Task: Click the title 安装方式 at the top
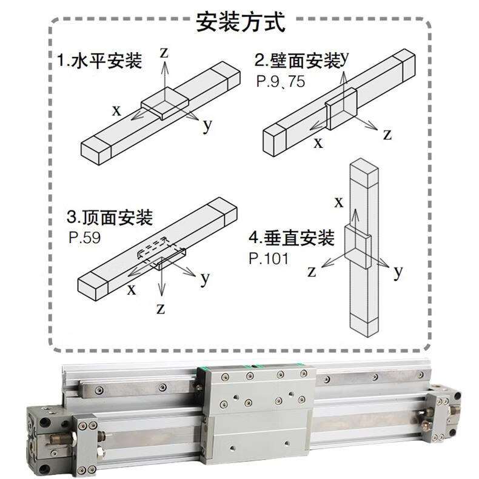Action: (x=241, y=21)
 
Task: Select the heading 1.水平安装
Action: (x=100, y=60)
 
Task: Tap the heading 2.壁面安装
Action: (x=298, y=60)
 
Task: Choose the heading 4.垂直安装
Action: (x=292, y=238)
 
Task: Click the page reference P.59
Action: (x=85, y=238)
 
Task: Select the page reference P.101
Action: (x=269, y=258)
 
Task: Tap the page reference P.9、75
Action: (x=281, y=81)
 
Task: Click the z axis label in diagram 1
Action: (x=164, y=53)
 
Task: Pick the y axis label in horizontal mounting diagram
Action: (x=207, y=125)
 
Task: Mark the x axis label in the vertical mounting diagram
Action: (x=339, y=203)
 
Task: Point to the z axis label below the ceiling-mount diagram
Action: (x=161, y=309)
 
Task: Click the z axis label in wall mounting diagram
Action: (x=387, y=135)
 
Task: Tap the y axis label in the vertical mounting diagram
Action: (x=398, y=271)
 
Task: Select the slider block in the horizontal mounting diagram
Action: (x=165, y=103)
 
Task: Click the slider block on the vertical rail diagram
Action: (x=358, y=246)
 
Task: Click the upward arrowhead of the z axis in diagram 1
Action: (x=165, y=66)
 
